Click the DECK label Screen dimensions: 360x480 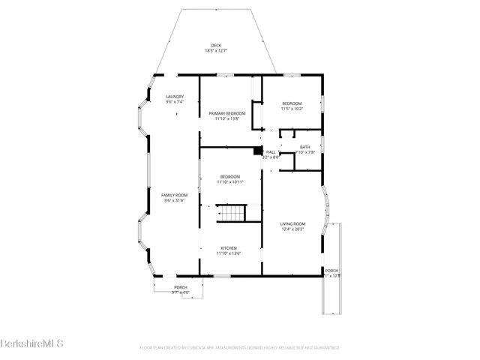216,46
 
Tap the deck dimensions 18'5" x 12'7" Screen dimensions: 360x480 216,51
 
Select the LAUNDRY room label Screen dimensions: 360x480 175,97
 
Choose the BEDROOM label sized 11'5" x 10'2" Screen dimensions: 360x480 292,103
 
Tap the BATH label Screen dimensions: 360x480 304,147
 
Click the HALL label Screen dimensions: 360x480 271,152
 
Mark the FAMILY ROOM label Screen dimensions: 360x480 175,195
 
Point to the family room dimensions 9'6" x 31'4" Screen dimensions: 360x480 175,200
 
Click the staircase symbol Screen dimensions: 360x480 232,213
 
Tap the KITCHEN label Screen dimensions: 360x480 229,248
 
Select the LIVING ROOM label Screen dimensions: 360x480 292,223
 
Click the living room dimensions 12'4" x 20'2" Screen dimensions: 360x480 292,229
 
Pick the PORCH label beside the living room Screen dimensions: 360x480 331,271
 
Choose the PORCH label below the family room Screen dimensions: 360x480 181,287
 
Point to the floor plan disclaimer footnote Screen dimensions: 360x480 239,348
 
